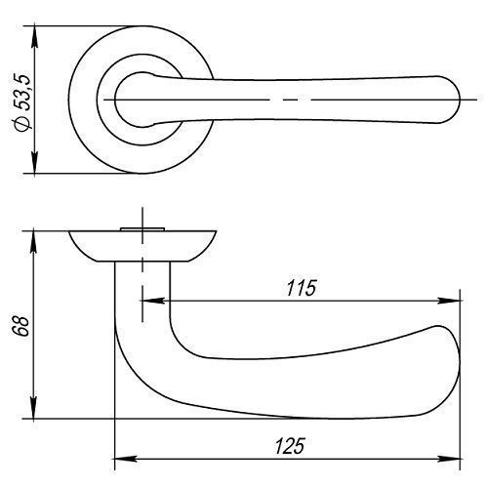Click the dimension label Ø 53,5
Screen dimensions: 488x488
pyautogui.click(x=22, y=102)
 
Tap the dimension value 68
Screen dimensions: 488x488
pyautogui.click(x=22, y=326)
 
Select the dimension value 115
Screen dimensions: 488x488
pyautogui.click(x=302, y=288)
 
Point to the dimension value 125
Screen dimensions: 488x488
pyautogui.click(x=290, y=446)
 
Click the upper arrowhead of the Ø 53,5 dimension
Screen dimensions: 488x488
pyautogui.click(x=35, y=36)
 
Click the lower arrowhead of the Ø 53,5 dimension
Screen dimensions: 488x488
pyautogui.click(x=35, y=163)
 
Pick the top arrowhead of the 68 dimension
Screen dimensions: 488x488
pyautogui.click(x=33, y=242)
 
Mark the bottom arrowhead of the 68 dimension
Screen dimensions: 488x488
pyautogui.click(x=34, y=408)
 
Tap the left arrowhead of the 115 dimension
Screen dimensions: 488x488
pyautogui.click(x=153, y=301)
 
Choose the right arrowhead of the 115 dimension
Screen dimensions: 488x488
pyautogui.click(x=449, y=301)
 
